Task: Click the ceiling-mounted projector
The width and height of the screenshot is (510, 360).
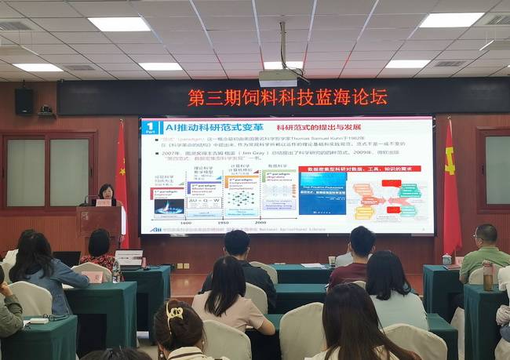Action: click(x=278, y=78)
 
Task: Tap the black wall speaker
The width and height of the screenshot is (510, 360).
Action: click(x=24, y=100)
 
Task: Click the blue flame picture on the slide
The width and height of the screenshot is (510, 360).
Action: click(x=167, y=208)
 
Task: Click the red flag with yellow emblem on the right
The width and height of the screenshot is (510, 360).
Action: click(x=451, y=188)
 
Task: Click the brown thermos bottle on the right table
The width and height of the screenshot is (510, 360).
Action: click(x=487, y=275)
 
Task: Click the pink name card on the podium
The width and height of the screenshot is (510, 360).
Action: click(x=103, y=202)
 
